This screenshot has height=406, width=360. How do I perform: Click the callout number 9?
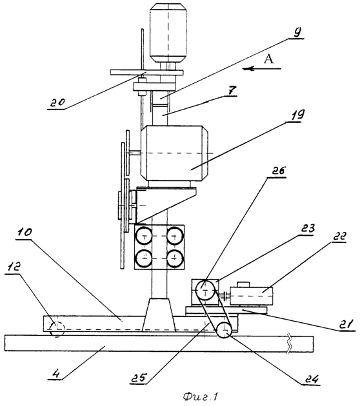(x=297, y=32)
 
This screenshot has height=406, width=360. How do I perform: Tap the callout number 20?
(x=57, y=102)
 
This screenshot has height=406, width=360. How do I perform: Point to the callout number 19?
(x=297, y=114)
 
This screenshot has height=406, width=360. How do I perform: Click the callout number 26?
(x=278, y=171)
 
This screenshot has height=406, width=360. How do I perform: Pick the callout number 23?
(x=308, y=229)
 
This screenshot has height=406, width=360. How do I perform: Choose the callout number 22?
(x=338, y=237)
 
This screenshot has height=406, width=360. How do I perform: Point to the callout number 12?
(x=14, y=267)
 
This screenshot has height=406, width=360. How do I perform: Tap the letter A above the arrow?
(x=269, y=59)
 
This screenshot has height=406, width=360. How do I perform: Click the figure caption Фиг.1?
(x=200, y=396)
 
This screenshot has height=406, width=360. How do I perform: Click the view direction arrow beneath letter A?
(x=261, y=68)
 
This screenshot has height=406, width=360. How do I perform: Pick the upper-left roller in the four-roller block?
(x=144, y=236)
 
